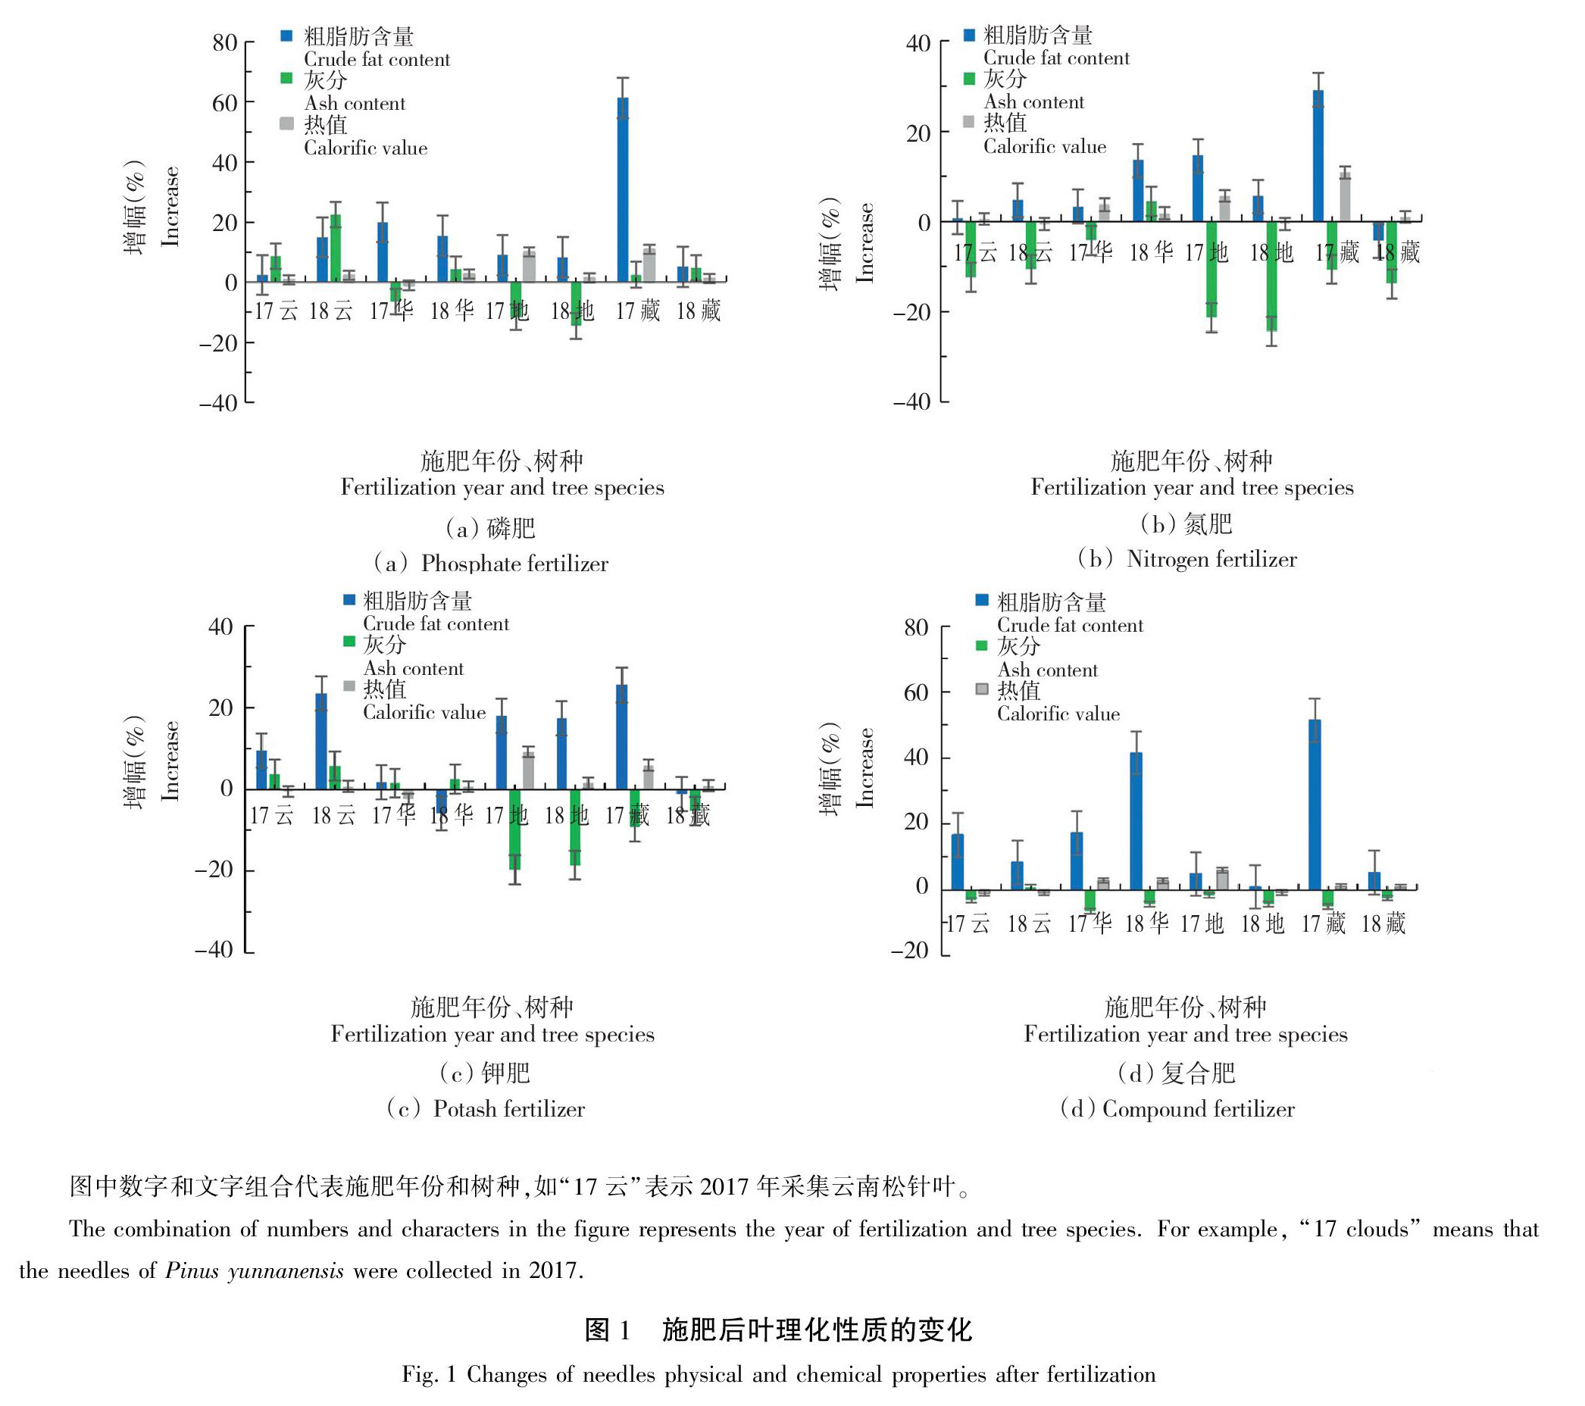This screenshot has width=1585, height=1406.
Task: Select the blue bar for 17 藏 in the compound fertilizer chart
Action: [1315, 804]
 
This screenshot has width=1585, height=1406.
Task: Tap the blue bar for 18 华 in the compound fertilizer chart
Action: [1136, 820]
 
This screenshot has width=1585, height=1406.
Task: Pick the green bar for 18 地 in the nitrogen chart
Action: [1272, 276]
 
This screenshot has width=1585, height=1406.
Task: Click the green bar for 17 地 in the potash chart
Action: [515, 828]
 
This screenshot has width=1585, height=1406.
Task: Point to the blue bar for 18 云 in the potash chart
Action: [321, 741]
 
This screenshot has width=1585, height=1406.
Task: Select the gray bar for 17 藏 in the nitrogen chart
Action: [1345, 197]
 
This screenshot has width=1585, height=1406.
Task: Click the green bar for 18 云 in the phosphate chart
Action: [336, 248]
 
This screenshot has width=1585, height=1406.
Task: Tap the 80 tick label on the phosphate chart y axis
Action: [225, 42]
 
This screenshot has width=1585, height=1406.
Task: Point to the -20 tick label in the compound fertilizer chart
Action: [910, 950]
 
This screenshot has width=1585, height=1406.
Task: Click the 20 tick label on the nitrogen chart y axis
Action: [918, 133]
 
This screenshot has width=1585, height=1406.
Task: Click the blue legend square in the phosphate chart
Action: [287, 36]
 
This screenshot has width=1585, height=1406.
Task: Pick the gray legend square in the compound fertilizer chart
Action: [982, 689]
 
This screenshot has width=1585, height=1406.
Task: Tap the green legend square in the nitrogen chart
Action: [968, 78]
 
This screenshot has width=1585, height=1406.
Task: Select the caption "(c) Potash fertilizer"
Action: [486, 1109]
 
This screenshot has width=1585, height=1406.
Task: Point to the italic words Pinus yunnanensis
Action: [255, 1270]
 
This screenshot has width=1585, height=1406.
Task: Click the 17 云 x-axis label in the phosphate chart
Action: [276, 312]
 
